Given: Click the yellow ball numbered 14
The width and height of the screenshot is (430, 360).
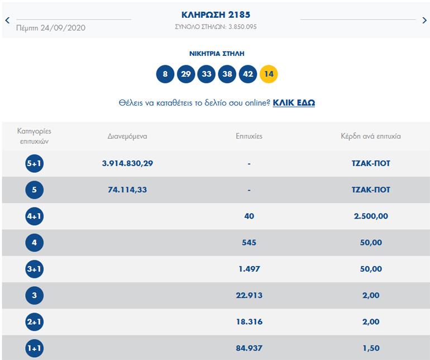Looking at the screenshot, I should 269,74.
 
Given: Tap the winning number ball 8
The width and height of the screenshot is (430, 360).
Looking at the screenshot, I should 165,74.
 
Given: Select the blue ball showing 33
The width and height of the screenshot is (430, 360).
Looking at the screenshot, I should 207,74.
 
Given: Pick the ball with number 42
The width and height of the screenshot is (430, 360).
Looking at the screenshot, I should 248,74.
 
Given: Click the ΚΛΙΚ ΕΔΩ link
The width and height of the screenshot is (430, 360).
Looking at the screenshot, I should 294,103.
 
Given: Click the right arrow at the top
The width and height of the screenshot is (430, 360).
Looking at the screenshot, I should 424,20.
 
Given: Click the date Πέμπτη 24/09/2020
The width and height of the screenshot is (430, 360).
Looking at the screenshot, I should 51,27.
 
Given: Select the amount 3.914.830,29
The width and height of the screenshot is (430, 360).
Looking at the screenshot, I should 127,163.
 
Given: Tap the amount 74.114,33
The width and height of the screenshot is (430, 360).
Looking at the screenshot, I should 127,190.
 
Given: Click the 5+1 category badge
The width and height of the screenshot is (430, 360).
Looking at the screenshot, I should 34,164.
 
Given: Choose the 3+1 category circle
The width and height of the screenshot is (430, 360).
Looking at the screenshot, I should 34,269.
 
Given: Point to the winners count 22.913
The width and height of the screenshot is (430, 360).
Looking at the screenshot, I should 249,295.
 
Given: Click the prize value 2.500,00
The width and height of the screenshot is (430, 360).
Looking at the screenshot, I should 371,216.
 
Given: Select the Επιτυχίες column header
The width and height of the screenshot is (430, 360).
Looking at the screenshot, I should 249,136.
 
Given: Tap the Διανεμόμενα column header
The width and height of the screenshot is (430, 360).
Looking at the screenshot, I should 127,136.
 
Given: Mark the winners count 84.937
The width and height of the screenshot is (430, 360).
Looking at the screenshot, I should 249,348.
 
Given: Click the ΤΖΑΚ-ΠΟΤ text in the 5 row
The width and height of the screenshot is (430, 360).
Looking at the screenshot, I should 371,190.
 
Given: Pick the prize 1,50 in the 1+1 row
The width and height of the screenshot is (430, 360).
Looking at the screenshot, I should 371,348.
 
